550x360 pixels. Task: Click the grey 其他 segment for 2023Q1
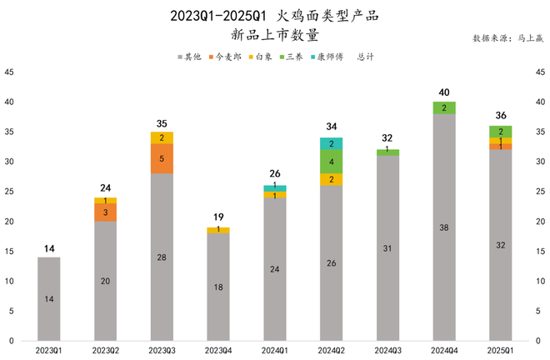click(x=49, y=298)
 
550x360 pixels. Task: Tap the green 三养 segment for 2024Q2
click(x=331, y=162)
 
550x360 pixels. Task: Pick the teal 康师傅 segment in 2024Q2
click(x=331, y=143)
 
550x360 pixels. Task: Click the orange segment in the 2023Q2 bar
click(x=105, y=212)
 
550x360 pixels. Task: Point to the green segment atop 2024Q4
click(x=444, y=107)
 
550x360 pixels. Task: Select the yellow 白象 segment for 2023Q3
click(x=162, y=137)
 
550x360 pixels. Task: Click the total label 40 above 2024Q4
click(x=444, y=92)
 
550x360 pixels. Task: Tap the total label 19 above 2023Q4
click(x=218, y=217)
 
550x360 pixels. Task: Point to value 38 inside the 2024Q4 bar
click(x=444, y=227)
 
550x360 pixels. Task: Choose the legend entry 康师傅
click(x=329, y=57)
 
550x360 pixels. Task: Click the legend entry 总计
click(x=365, y=57)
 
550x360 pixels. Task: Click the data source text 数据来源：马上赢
click(x=507, y=38)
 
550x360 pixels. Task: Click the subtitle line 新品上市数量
click(x=274, y=35)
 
